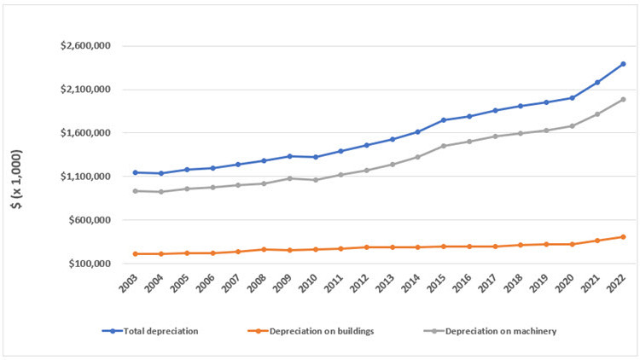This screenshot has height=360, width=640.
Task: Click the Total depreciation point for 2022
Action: tap(623, 64)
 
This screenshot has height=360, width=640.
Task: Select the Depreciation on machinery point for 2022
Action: tap(623, 99)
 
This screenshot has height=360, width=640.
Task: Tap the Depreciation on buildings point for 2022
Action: tap(623, 236)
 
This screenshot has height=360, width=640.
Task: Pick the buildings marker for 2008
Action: tap(264, 249)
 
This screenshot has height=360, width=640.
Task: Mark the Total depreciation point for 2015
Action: tap(444, 120)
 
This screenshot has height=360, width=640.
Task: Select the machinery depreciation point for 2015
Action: tap(444, 146)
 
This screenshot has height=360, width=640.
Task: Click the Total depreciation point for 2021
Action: tap(597, 82)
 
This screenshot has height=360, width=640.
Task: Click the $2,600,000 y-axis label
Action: tap(85, 46)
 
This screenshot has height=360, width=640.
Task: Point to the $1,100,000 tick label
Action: tap(85, 177)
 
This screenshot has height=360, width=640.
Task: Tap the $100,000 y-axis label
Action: tap(89, 264)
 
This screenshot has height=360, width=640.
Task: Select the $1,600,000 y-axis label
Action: tap(85, 133)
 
